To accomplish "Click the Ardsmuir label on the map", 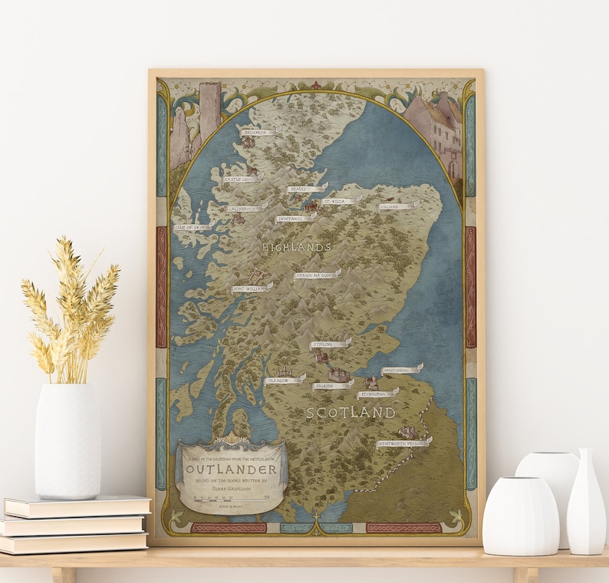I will [255, 133].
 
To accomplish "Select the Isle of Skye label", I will [190, 228].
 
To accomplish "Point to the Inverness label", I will [294, 219].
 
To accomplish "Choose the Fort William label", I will [252, 288].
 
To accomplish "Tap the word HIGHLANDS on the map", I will [297, 247].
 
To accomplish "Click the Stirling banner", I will [329, 344].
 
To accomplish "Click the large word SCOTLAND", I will [351, 413].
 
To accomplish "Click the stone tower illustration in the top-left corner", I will [209, 111].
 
